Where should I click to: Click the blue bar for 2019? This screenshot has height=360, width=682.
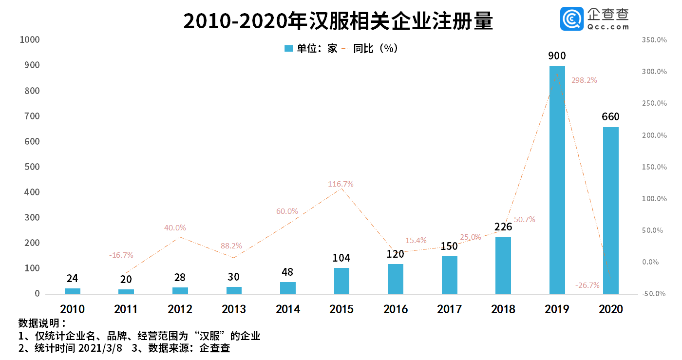557,180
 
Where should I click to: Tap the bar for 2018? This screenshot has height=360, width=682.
503,265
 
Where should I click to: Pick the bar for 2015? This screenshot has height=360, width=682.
341,281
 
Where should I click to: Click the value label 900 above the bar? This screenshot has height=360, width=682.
557,56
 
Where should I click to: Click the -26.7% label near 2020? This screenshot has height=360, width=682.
587,285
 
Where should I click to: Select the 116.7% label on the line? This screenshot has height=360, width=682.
341,184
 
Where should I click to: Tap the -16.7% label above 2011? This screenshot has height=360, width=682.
121,255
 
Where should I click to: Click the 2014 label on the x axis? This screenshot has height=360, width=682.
287,309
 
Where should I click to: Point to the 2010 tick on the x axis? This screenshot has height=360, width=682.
72,309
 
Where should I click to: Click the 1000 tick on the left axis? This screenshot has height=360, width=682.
29,40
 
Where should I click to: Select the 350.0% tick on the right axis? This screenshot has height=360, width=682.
654,40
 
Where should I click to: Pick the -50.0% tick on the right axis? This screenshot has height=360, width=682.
654,294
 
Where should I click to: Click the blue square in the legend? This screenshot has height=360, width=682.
289,48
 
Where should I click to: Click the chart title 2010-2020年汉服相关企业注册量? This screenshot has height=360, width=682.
338,22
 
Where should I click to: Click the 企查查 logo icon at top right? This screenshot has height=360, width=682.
571,19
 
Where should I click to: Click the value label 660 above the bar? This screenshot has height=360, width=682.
610,117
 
